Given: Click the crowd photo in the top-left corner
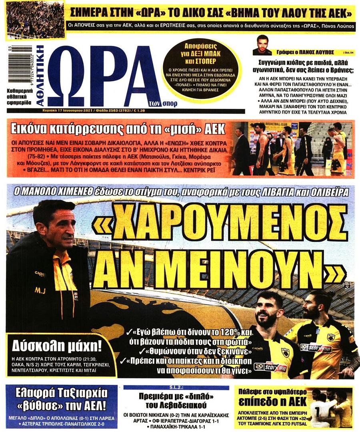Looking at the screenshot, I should (x=35, y=20).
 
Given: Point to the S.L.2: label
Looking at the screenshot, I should (x=176, y=387).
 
